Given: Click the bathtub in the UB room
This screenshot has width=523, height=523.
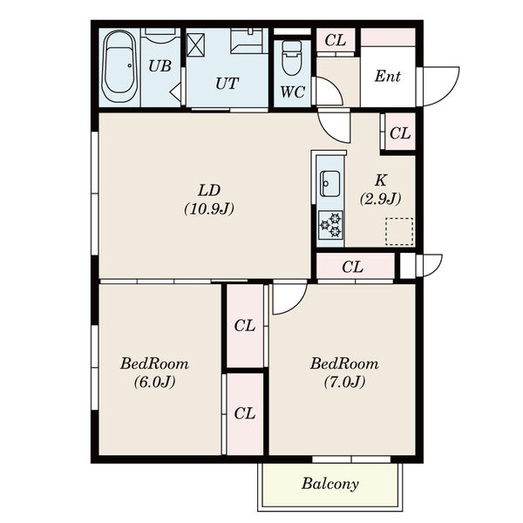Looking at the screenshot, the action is click(119, 67).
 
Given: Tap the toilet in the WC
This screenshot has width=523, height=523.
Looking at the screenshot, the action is click(291, 58).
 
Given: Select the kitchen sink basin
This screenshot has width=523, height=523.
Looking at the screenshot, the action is click(329, 184).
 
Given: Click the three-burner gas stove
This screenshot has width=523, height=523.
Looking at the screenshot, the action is click(330, 225).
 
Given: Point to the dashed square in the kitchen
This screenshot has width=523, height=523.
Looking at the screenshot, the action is click(399, 232).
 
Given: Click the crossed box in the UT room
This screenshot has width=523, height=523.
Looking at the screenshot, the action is click(195, 45).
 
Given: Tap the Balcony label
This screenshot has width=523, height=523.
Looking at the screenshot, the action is click(330, 484).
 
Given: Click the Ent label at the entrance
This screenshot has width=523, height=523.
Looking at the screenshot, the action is click(388, 76).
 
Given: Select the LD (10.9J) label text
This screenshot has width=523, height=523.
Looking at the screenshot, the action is click(209, 200).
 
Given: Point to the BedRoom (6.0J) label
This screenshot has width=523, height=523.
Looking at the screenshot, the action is click(154, 372).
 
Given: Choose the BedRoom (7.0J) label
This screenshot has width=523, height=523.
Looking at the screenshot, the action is click(344, 372).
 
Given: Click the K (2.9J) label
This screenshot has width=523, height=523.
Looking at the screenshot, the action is click(381, 190).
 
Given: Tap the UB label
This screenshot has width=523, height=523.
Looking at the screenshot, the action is click(160, 66).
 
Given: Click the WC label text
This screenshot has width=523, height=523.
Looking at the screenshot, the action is click(293, 92).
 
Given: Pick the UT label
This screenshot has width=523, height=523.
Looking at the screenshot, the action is click(228, 84).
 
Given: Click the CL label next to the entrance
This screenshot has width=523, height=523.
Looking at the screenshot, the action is click(336, 40).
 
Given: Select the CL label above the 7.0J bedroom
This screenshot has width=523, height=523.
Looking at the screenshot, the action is click(352, 267).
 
